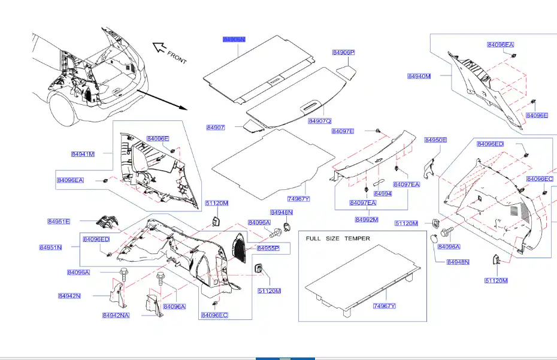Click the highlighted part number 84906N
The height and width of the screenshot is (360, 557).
point(234,39)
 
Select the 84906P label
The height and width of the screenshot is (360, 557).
point(344,53)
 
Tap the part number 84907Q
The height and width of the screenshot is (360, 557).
point(320,121)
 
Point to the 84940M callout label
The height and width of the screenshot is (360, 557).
point(419,76)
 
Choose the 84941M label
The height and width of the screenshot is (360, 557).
point(83,154)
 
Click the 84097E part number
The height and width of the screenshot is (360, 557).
point(343,131)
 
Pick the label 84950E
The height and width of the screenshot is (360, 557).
point(436,140)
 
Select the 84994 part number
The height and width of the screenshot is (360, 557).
point(383,194)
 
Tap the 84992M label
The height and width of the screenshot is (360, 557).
point(367,220)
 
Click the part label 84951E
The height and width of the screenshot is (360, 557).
point(59,222)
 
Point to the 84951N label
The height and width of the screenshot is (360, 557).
point(51,247)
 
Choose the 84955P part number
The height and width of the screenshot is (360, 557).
point(268,248)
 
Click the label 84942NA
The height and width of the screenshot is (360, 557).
point(116,315)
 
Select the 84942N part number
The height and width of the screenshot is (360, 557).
point(69,296)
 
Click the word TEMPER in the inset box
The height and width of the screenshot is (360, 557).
point(357,238)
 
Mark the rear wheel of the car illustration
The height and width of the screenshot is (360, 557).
point(63,108)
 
